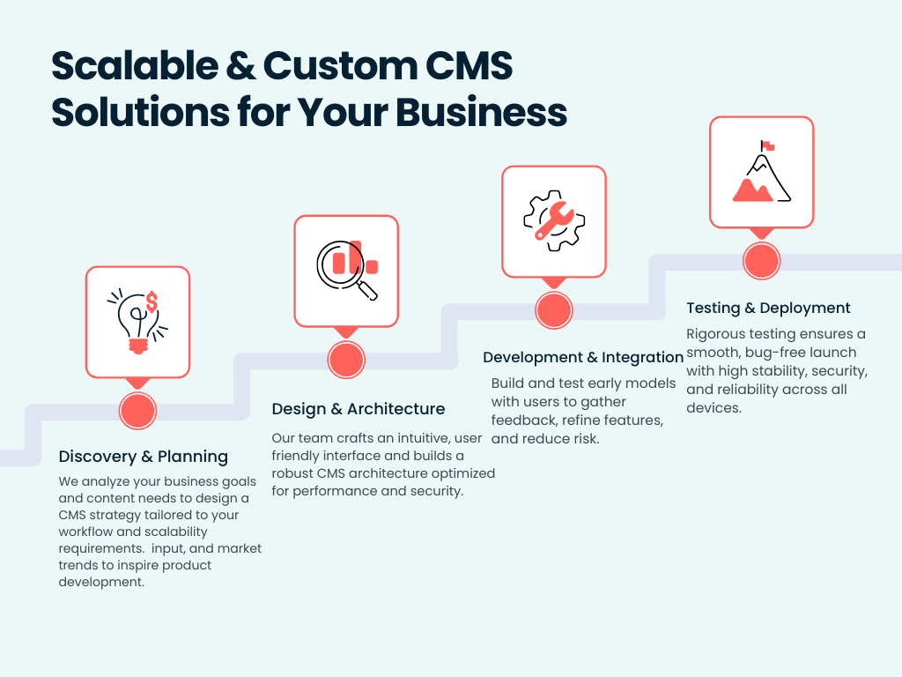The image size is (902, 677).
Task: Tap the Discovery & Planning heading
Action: (x=144, y=457)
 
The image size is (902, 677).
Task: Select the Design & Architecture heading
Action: (x=359, y=409)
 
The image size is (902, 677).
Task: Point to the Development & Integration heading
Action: (x=583, y=357)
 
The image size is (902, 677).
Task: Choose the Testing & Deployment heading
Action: (x=768, y=308)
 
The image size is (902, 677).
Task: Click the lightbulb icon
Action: (x=137, y=321)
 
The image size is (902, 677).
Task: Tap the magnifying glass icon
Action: (x=346, y=269)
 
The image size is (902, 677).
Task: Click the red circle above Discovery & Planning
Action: (x=137, y=410)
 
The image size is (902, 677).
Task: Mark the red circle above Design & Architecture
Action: (x=346, y=359)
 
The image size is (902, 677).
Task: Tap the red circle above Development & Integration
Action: (x=554, y=309)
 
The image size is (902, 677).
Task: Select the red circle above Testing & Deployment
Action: (x=762, y=261)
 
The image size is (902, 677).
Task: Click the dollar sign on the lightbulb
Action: (x=152, y=302)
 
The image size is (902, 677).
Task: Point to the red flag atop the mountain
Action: (x=768, y=145)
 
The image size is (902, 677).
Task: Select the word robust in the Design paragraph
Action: (x=292, y=473)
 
